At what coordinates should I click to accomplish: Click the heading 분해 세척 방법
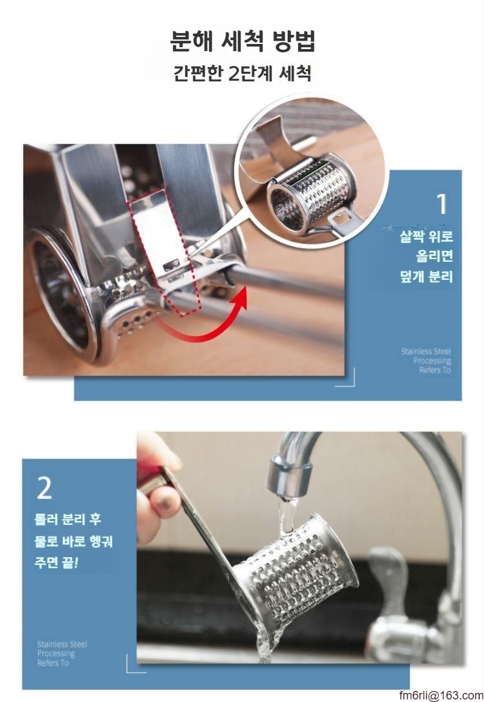(x=243, y=41)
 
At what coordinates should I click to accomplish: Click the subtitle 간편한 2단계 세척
(x=242, y=73)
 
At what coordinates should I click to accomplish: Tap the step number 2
(x=45, y=489)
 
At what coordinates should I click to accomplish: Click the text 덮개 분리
(x=427, y=277)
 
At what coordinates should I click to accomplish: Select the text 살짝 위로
(x=427, y=236)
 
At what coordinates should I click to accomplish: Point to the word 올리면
(x=434, y=256)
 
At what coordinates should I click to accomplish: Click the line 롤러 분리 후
(x=68, y=519)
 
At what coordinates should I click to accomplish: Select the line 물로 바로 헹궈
(x=74, y=541)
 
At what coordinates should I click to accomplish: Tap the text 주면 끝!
(x=56, y=562)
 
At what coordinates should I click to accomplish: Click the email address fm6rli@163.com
(x=441, y=696)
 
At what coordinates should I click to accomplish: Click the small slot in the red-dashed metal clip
(x=172, y=266)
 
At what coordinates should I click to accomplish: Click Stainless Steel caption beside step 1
(x=426, y=361)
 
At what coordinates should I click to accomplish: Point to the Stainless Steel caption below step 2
(x=62, y=654)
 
